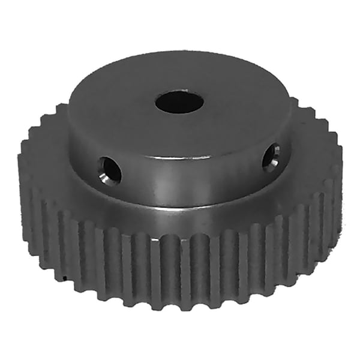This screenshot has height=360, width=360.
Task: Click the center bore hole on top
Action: tap(179, 103)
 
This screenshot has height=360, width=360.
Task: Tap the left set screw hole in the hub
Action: tap(110, 170)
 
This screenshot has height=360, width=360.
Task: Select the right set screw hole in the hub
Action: tap(271, 156)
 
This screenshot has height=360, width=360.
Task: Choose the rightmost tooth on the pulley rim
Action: tap(337, 174)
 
